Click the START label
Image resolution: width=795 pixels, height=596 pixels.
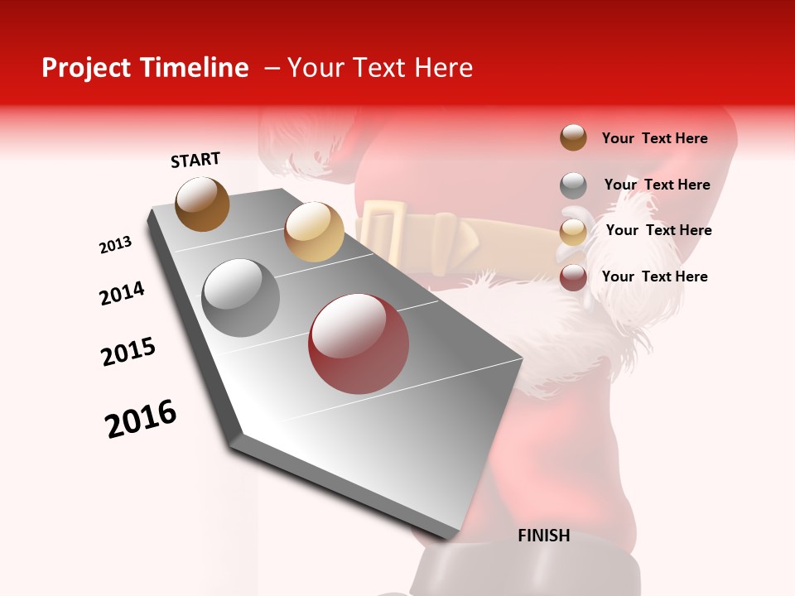coord(195,160)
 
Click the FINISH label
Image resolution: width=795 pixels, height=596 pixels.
coord(543,536)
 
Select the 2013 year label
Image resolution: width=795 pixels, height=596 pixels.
coord(115,245)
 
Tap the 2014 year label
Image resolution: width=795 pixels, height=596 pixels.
coord(122,294)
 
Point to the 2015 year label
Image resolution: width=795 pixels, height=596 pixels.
coord(128,352)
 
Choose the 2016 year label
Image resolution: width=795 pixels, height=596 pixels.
coord(141,419)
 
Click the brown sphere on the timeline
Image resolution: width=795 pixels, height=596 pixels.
coord(202,204)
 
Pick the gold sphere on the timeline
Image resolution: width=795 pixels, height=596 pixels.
coord(314,231)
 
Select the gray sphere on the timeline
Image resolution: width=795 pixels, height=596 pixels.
coord(241,298)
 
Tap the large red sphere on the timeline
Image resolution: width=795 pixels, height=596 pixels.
coord(359,344)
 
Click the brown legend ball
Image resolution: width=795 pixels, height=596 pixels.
coord(573,138)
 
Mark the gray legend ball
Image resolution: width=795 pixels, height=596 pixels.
coord(573,185)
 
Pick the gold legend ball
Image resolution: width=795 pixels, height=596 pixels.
coord(573,232)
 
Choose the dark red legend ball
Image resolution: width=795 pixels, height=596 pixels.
coord(573,277)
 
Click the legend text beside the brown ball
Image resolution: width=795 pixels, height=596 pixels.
coord(654,138)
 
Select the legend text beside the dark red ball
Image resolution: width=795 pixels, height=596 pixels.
coord(654,276)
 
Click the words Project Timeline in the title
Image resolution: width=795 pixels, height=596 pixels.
coord(145,68)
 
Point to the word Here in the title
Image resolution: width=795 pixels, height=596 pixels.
coord(443,68)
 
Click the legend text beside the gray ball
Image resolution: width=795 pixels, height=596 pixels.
coord(657,185)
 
